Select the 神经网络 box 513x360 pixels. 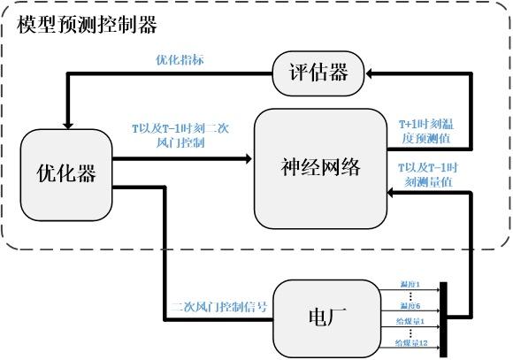click(320, 169)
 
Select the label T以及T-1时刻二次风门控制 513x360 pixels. click(180, 135)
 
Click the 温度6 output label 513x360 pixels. click(409, 306)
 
